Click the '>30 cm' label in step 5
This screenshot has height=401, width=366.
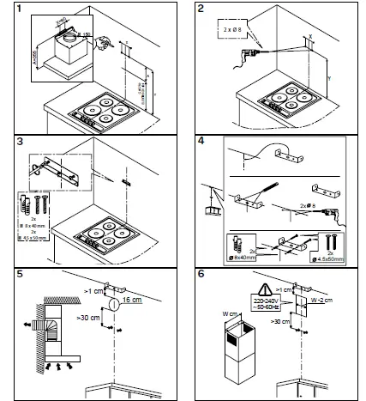coord(83,320)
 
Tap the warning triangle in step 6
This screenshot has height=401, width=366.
coord(264,290)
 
